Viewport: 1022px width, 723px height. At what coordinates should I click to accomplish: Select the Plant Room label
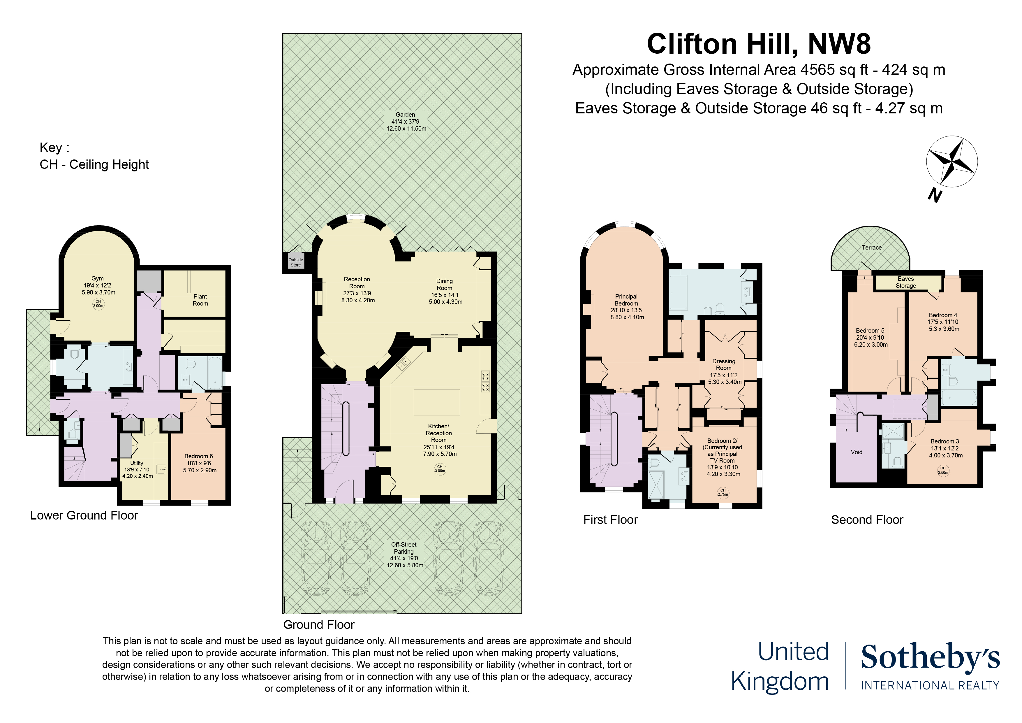pyautogui.click(x=200, y=300)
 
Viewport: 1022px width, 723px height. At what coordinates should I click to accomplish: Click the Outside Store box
pyautogui.click(x=296, y=262)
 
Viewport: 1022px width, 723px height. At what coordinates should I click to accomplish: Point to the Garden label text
pyautogui.click(x=406, y=121)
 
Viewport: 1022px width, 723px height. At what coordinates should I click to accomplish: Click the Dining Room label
pyautogui.click(x=445, y=291)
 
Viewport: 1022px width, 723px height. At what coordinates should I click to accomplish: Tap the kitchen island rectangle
pyautogui.click(x=437, y=402)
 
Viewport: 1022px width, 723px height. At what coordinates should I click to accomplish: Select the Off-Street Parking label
pyautogui.click(x=404, y=554)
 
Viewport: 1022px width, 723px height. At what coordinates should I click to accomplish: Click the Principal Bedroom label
pyautogui.click(x=626, y=306)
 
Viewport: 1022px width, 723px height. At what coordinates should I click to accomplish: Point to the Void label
pyautogui.click(x=857, y=452)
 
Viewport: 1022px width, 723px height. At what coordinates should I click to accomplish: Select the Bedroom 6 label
pyautogui.click(x=199, y=463)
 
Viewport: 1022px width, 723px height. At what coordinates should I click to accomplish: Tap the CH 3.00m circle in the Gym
pyautogui.click(x=98, y=304)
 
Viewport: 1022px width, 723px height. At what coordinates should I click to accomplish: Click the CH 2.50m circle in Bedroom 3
pyautogui.click(x=943, y=471)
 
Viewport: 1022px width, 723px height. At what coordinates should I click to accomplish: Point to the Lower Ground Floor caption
pyautogui.click(x=84, y=515)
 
